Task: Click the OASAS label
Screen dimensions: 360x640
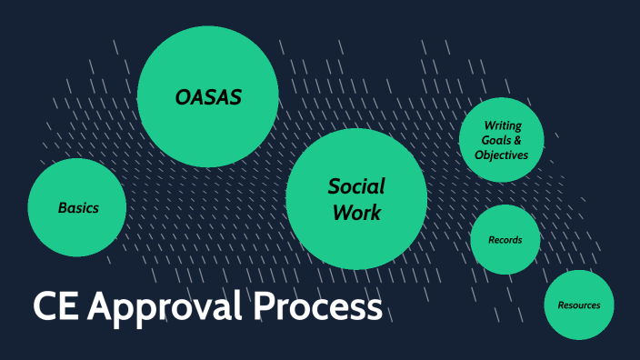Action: pos(208,96)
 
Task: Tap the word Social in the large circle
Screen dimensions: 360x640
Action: pos(356,187)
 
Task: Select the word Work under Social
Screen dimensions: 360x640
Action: pos(356,214)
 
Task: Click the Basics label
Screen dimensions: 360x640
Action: pos(78,208)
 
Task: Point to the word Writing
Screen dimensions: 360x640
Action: pos(502,125)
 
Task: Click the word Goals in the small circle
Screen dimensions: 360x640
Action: pos(493,140)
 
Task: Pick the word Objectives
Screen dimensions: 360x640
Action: pos(501,155)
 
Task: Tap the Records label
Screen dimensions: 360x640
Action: pos(505,240)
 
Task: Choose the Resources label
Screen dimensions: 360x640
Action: pos(578,305)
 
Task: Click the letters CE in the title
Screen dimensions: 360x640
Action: pos(54,307)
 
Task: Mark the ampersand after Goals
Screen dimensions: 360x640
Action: pos(517,140)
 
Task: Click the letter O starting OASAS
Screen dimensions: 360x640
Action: pos(183,96)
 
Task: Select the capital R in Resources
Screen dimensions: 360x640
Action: pos(561,305)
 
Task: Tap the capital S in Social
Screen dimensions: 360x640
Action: pos(335,187)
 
